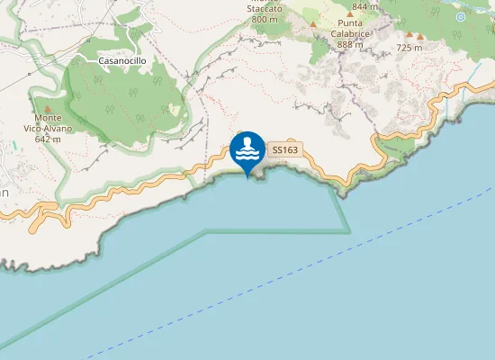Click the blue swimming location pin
247,149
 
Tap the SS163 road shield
284,149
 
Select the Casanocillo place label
121,60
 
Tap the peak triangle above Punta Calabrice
350,14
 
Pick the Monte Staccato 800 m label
265,13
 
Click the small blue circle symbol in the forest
461,16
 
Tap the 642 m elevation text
48,139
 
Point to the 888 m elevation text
351,44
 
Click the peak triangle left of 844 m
312,24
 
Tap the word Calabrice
351,34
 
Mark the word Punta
351,24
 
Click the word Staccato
265,8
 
